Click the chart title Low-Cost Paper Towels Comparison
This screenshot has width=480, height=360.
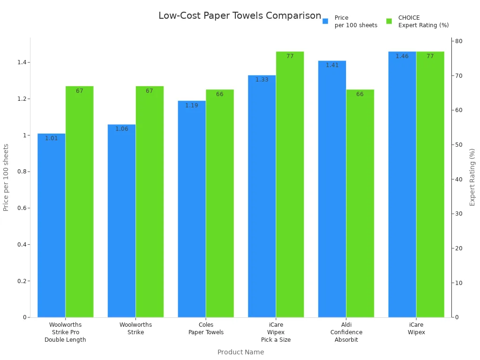pos(240,15)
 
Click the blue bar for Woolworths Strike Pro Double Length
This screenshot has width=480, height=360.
pos(52,225)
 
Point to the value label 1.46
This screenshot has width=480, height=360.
pos(402,56)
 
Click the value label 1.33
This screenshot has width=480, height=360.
pos(262,80)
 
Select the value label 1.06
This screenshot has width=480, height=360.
pos(121,129)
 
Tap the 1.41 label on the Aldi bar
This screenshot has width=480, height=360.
pos(332,65)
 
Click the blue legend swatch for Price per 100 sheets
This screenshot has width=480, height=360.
pos(325,21)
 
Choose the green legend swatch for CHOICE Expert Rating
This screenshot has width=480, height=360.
pos(389,21)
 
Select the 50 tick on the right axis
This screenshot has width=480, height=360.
pos(459,145)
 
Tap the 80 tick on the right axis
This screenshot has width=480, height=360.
pos(459,41)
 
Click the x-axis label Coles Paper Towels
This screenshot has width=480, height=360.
pos(206,329)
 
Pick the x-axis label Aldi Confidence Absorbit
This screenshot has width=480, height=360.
pos(346,332)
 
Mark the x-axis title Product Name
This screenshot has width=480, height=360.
pos(240,352)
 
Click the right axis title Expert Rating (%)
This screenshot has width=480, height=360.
pos(472,177)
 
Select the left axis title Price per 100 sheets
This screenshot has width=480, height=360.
pos(6,177)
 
